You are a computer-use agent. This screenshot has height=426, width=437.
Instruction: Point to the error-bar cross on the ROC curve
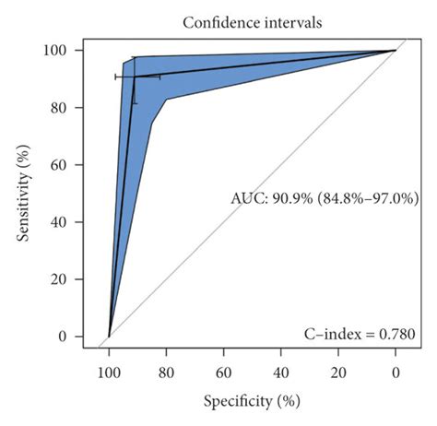pyautogui.click(x=135, y=77)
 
